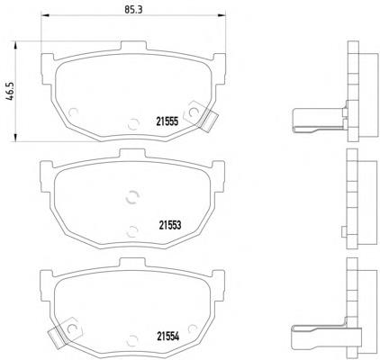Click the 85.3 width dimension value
click(x=133, y=9)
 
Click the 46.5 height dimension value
click(x=10, y=92)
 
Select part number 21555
click(x=167, y=121)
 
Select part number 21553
click(x=170, y=225)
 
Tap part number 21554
click(x=168, y=337)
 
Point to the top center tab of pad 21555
click(x=133, y=46)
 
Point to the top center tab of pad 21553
click(x=132, y=154)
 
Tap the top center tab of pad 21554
click(x=132, y=262)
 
